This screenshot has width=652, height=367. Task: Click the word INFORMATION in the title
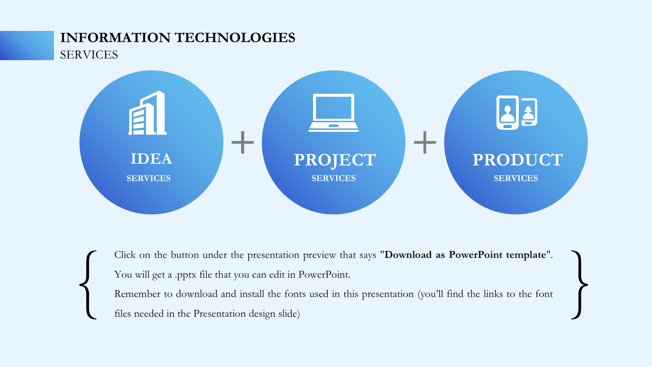point(115,38)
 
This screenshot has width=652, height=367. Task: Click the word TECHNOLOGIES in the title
point(235,38)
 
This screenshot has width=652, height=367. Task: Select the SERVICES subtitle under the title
point(89,55)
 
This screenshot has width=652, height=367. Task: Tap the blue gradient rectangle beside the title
point(27,46)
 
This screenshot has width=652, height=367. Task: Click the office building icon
point(147,113)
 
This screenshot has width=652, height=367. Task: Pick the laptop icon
point(333,113)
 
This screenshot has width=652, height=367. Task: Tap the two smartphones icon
point(517,112)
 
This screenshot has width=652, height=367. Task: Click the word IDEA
point(151,159)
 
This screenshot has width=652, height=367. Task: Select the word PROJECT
point(335,160)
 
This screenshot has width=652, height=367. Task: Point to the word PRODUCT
point(518,160)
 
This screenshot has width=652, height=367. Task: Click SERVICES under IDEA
point(149,178)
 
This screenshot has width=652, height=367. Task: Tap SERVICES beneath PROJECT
point(334,178)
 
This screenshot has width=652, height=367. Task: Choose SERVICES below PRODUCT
point(516,178)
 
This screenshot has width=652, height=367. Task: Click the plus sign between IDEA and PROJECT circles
point(242,142)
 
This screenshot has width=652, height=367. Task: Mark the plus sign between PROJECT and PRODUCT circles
point(425,142)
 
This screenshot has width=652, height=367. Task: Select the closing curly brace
point(579,285)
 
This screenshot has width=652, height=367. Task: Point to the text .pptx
point(186,275)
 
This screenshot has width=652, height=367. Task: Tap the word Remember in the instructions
point(137,294)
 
